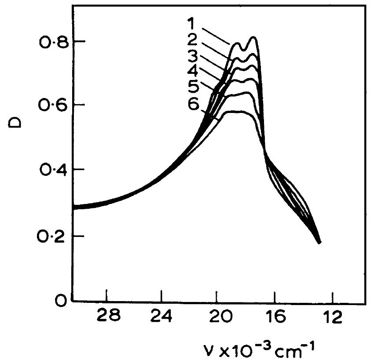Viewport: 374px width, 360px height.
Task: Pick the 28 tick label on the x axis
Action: pyautogui.click(x=108, y=316)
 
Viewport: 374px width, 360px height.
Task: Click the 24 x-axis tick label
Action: pyautogui.click(x=162, y=316)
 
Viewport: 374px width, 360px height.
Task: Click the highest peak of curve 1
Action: pyautogui.click(x=254, y=37)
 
